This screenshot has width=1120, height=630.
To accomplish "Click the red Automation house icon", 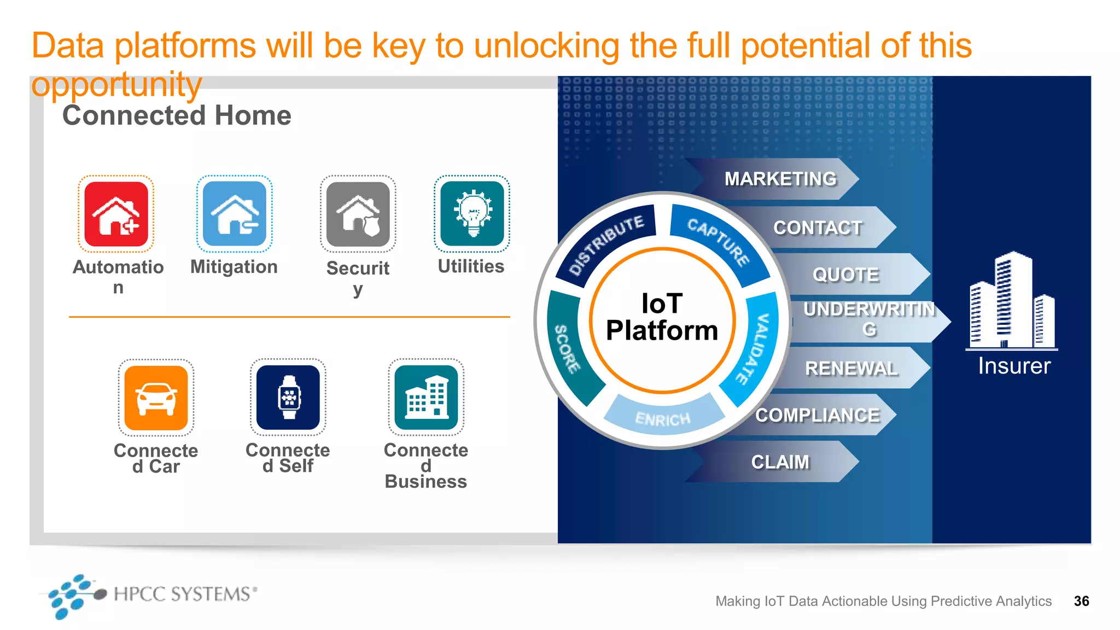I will coord(116,214).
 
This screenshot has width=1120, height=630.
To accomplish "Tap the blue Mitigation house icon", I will coord(235,214).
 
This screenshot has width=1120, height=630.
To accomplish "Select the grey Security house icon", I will coord(358,214).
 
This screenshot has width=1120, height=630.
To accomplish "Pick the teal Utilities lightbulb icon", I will coord(472,214).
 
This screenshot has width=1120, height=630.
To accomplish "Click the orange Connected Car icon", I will coord(156,398).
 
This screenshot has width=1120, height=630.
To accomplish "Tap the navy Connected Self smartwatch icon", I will coord(288,397).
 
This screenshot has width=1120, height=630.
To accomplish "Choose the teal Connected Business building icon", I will coord(426,397).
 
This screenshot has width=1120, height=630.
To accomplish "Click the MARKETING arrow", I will coord(780,179).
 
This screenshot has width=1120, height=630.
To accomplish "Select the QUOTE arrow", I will coord(846,274).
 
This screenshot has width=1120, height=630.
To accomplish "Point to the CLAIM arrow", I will coord(780,462).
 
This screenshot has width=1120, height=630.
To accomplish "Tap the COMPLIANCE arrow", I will coord(818,415).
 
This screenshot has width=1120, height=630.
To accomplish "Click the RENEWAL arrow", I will coord(851,368).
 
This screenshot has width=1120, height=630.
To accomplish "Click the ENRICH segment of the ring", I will coord(663,418).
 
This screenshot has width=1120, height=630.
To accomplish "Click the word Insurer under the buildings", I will coord(1014,366).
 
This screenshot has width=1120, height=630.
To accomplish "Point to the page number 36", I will coord(1081,601).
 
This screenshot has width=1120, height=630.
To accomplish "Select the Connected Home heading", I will coord(177,115).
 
